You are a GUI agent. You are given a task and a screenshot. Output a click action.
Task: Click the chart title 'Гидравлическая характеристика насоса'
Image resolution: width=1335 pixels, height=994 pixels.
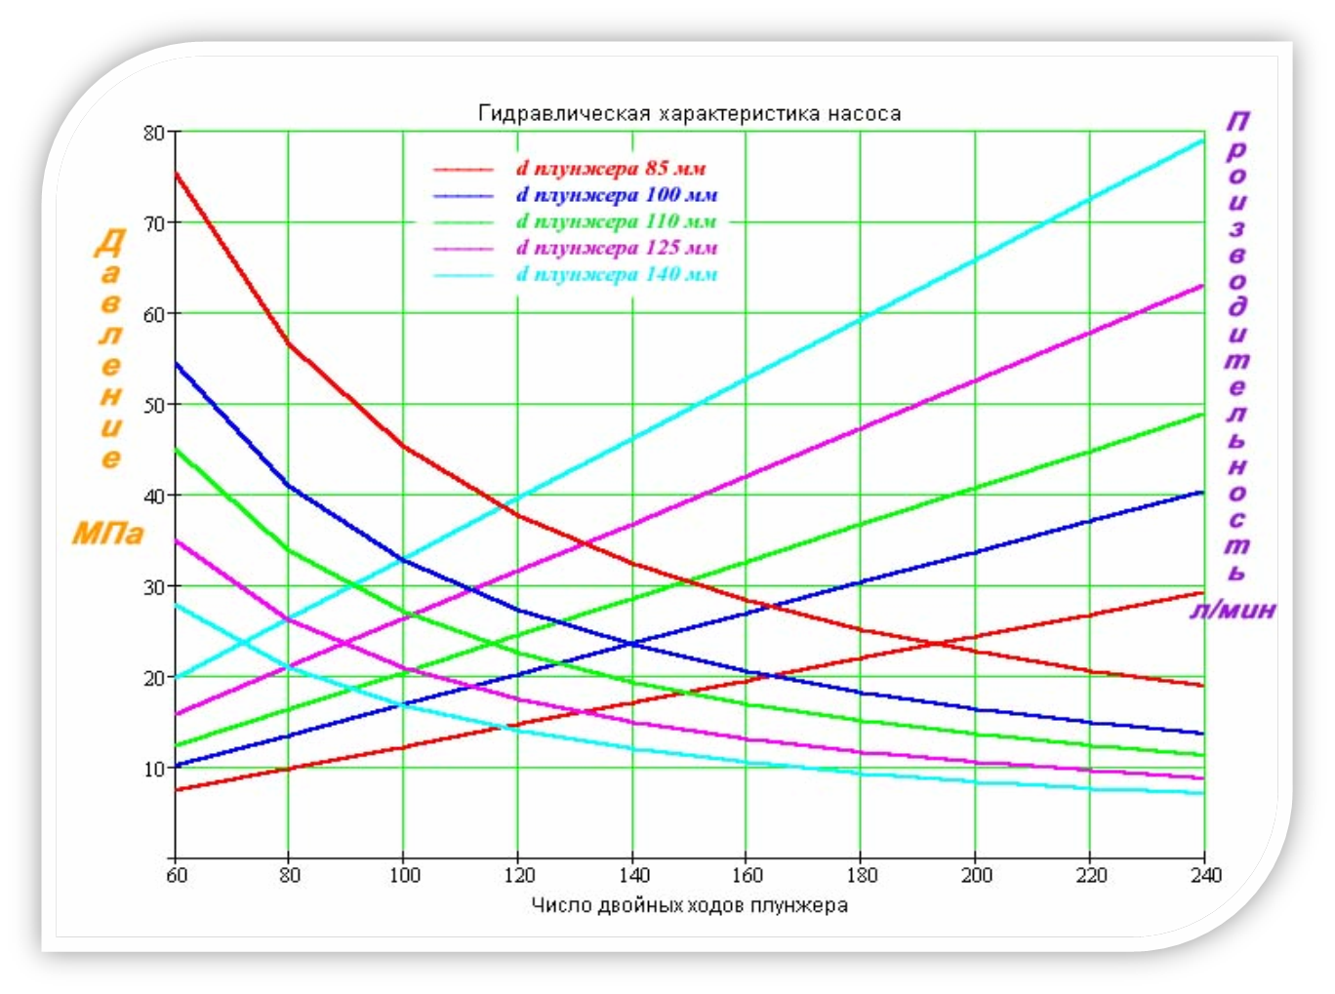(x=689, y=113)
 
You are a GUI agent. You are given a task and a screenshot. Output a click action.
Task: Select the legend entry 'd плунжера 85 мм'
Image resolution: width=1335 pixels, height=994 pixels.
(x=611, y=169)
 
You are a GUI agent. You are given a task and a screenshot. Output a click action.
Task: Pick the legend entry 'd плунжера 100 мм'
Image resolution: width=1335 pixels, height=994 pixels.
(x=617, y=195)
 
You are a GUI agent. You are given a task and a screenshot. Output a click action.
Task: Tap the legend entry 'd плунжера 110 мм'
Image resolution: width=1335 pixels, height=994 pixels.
(x=617, y=221)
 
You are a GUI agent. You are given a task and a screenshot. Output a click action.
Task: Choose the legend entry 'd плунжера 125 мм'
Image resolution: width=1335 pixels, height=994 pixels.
(x=617, y=248)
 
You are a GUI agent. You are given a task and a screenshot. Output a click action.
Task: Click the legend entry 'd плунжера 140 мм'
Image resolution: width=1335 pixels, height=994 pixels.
(x=617, y=274)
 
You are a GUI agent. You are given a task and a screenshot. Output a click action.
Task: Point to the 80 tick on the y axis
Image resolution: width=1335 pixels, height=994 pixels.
(x=154, y=133)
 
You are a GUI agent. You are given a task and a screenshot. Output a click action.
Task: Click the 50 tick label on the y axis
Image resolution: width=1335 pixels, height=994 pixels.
(x=154, y=405)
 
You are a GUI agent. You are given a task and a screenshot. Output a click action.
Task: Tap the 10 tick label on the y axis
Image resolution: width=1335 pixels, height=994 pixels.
(x=154, y=769)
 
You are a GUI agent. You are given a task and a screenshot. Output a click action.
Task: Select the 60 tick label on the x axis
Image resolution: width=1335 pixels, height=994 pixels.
(x=177, y=875)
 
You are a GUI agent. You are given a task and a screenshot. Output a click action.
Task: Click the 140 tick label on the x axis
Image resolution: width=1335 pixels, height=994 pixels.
(x=633, y=875)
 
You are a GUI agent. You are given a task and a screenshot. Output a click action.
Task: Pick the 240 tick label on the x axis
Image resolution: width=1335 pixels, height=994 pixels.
(x=1205, y=875)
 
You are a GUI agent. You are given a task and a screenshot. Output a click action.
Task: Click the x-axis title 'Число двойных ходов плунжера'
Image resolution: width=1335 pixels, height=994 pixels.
(x=689, y=905)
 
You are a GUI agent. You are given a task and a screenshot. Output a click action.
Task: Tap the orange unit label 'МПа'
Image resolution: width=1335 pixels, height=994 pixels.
(x=107, y=533)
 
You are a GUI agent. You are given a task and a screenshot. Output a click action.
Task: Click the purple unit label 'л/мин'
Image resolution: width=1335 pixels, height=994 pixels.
(x=1233, y=611)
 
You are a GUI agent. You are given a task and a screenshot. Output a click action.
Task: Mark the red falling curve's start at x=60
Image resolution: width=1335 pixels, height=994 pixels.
(x=177, y=174)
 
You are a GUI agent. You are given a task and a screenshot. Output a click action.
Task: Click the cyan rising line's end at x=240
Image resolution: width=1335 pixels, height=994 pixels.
(x=1203, y=139)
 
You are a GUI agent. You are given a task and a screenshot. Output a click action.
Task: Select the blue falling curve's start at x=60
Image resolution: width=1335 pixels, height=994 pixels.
(x=177, y=364)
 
